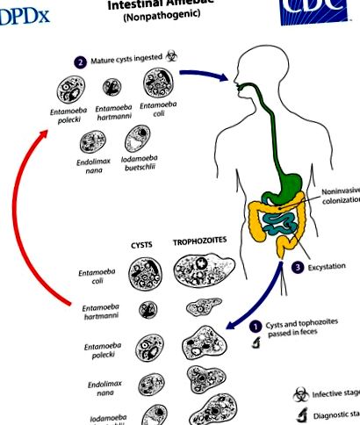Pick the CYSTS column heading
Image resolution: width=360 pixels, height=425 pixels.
pyautogui.click(x=142, y=239)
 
